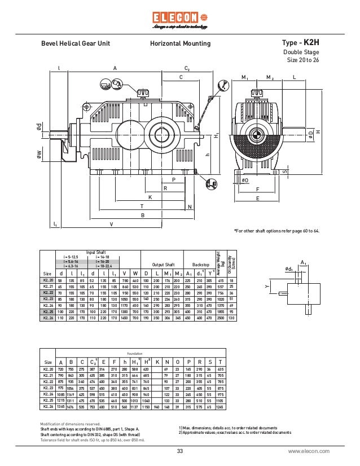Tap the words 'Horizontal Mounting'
pos(180,43)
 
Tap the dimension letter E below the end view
pos(258,199)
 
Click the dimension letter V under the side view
pos(111,224)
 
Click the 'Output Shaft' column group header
pos(163,264)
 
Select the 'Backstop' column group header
pos(201,264)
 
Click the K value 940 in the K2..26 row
pos(157,407)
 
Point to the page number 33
pos(180,451)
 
